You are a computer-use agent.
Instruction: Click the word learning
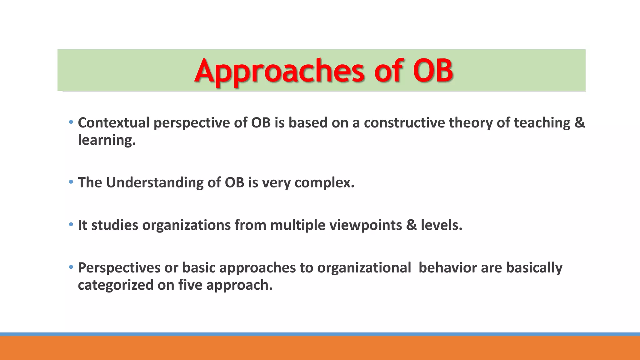click(x=106, y=140)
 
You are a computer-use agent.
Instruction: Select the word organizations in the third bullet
click(x=186, y=225)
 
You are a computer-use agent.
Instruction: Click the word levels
click(x=441, y=225)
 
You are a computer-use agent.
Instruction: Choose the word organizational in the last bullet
click(x=364, y=268)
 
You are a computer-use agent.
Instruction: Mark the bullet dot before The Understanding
click(x=71, y=182)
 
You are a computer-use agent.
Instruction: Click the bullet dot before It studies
click(x=71, y=224)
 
